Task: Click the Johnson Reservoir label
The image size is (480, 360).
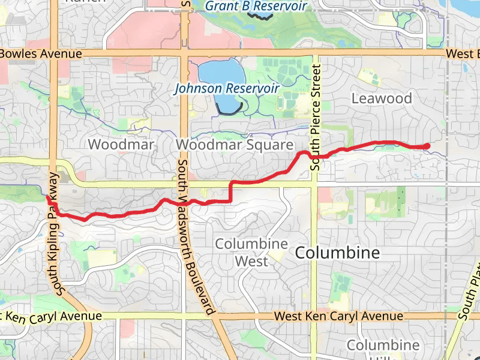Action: coord(227,88)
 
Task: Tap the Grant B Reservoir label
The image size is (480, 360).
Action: coord(256,6)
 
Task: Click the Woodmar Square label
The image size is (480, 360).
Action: coord(235,145)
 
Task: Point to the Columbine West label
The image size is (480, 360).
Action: coord(251,253)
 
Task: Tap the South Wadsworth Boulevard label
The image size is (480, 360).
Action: coord(195,237)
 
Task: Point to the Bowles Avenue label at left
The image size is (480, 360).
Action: coord(41,54)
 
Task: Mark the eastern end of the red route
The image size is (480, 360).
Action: coord(428,145)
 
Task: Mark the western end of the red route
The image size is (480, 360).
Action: coord(47,197)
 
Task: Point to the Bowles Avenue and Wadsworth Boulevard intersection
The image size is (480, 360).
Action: coord(184,53)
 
